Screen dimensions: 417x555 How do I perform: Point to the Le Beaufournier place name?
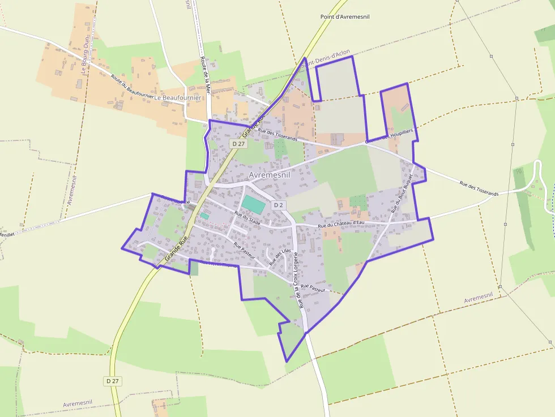point(178,97)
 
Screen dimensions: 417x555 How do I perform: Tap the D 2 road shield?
point(278,205)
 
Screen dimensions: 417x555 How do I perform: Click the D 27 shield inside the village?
point(238,144)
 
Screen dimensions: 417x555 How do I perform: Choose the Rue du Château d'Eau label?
point(341,224)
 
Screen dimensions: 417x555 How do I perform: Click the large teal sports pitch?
point(253,204)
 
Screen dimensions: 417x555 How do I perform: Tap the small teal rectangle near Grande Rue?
point(204,216)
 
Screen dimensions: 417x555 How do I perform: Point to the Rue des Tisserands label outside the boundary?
point(479,188)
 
